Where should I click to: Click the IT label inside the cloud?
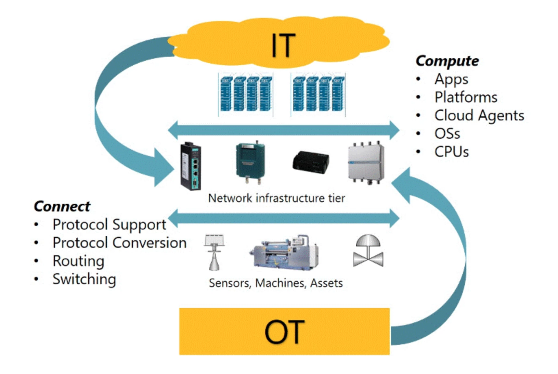(x=283, y=46)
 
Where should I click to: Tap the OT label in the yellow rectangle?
(x=284, y=332)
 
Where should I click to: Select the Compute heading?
(x=447, y=61)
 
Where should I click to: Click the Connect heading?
(x=62, y=206)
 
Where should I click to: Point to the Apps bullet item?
(x=451, y=79)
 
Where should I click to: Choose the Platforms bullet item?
(x=466, y=98)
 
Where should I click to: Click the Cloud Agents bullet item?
(x=479, y=116)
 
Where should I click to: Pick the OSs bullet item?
(x=447, y=134)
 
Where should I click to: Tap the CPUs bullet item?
(x=451, y=152)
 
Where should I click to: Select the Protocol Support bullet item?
(x=109, y=225)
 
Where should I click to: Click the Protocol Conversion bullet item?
(x=119, y=243)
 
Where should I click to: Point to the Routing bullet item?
(x=78, y=261)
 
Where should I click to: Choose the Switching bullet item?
(x=84, y=279)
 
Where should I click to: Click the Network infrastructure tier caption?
(x=276, y=198)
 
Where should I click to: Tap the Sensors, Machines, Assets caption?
(x=276, y=283)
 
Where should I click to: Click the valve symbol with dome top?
(x=368, y=250)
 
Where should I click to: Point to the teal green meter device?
(x=250, y=161)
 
